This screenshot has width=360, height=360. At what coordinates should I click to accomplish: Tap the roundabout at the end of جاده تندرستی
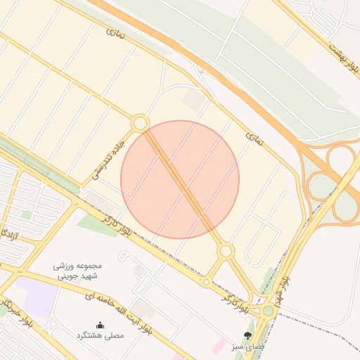tap(140, 124)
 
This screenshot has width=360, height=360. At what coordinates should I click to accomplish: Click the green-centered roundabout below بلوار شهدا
tap(269, 310)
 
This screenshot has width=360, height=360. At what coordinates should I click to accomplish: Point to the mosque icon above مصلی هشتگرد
tap(100, 325)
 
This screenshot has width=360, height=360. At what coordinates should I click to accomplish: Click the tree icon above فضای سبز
tap(247, 335)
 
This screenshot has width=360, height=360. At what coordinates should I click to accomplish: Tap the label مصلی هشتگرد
tap(100, 336)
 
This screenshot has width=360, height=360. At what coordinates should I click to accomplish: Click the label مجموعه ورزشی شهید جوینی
tap(77, 271)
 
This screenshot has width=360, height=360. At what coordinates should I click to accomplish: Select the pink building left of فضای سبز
tap(219, 346)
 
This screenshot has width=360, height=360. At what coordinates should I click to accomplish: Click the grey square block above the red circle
tap(192, 100)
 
